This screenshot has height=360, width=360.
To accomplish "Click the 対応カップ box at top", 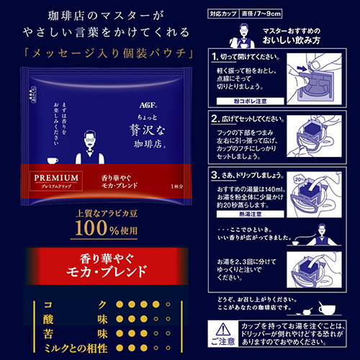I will pos(224,14).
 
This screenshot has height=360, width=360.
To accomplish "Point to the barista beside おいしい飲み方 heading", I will pos(235,35).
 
